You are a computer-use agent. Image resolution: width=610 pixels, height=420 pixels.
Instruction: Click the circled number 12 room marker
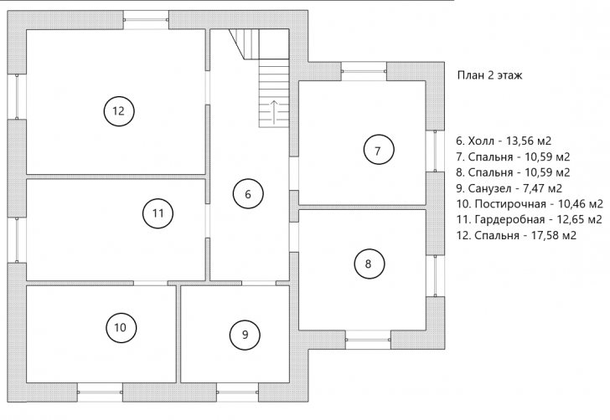[x=119, y=111]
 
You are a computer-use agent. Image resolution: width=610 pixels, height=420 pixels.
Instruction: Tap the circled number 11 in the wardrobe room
[x=158, y=213]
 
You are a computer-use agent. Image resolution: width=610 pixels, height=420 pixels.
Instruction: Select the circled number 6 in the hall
[x=248, y=194]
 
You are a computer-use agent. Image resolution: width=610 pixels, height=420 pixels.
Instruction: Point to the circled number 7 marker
[x=379, y=150]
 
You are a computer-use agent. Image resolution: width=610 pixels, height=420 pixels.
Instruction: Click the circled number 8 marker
[x=370, y=264]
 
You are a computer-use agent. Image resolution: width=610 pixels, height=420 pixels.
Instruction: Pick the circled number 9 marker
[x=245, y=335]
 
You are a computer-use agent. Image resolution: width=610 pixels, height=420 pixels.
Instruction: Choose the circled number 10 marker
[x=121, y=327]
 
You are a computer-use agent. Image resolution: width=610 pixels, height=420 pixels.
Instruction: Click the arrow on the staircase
[x=274, y=113]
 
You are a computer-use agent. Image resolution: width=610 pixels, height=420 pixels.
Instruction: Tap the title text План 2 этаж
[x=489, y=75]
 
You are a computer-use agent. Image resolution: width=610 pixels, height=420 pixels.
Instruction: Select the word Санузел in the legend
[x=490, y=188]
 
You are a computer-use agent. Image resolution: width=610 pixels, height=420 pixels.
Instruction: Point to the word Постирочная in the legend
[x=510, y=204]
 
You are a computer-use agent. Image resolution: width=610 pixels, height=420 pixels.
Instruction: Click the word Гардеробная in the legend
[x=509, y=219]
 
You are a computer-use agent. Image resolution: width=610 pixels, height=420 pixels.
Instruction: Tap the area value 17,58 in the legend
[x=544, y=235]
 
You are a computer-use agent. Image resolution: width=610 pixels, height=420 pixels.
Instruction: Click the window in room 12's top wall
[x=146, y=19]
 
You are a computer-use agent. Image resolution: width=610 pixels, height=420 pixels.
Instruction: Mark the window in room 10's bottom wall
[x=100, y=392]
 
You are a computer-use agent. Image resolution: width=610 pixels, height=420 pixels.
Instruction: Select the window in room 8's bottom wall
[x=368, y=340]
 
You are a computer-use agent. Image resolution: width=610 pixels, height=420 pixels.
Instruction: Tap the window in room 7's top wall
[x=364, y=71]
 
